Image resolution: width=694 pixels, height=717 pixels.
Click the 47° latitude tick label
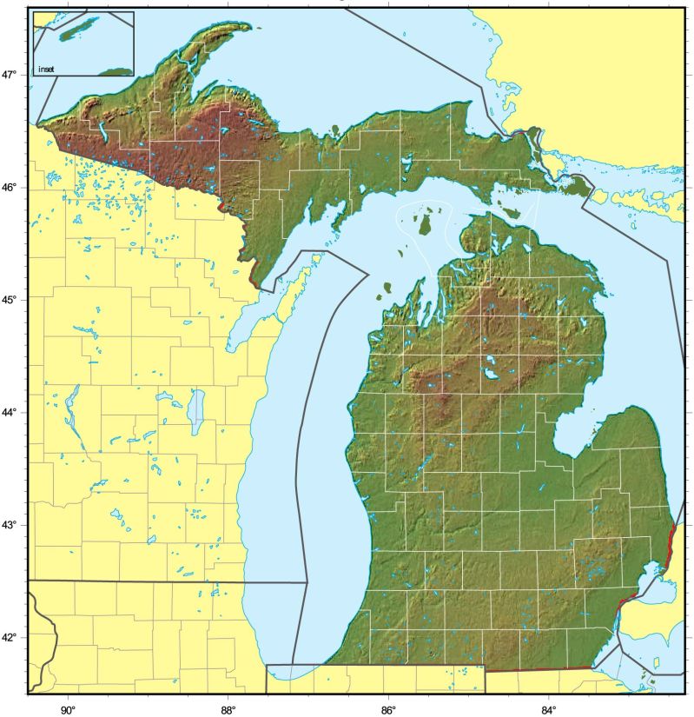[11, 76]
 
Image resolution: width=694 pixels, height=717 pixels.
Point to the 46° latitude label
[11, 188]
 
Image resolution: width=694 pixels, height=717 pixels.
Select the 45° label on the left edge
[11, 300]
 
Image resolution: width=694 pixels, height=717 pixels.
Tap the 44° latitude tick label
[11, 412]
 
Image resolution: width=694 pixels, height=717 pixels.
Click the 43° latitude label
[11, 525]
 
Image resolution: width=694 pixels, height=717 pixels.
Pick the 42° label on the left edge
[11, 637]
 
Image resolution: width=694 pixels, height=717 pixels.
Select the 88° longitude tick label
[228, 707]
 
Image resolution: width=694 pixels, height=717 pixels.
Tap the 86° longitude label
[388, 707]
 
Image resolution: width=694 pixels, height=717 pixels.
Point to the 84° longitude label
[548, 707]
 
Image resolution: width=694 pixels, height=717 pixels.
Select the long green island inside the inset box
[74, 30]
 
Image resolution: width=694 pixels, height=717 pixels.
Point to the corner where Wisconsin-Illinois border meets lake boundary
[307, 581]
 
